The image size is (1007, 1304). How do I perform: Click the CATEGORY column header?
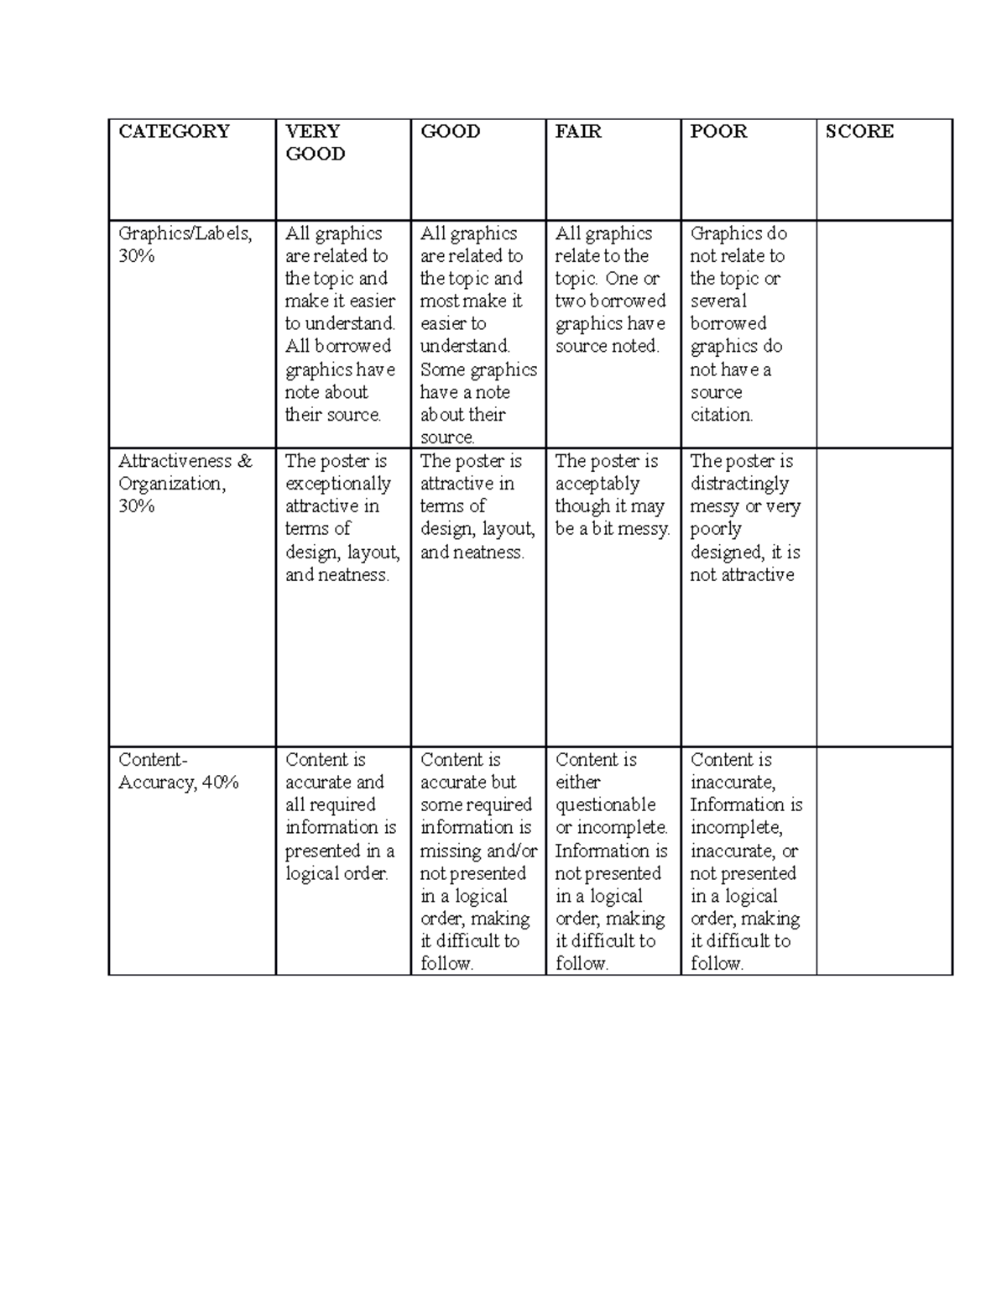[x=174, y=132]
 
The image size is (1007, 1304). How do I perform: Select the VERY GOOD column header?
[x=315, y=143]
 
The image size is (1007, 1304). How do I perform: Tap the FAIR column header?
[x=578, y=132]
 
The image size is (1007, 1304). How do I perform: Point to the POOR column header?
[x=718, y=132]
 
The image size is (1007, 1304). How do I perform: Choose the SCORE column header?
[x=859, y=132]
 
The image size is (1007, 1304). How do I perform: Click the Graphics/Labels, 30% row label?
[x=185, y=244]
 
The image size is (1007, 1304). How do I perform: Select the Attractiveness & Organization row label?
[x=185, y=484]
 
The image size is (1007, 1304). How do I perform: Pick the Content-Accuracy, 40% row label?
[x=178, y=771]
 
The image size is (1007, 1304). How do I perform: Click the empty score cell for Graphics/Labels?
[x=884, y=334]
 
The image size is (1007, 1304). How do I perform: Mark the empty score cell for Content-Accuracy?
[x=884, y=861]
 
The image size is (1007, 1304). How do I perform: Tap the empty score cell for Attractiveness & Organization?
[x=884, y=597]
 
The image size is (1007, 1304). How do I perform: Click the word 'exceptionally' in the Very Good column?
[x=338, y=484]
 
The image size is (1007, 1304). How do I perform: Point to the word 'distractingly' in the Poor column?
[x=739, y=484]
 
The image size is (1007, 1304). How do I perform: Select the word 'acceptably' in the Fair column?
[x=597, y=484]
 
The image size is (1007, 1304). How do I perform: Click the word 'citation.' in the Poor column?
[x=722, y=415]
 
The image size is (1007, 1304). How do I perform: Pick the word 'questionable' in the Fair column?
[x=605, y=805]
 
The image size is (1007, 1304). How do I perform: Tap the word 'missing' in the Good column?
[x=450, y=851]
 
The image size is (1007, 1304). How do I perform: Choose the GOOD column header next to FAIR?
[x=451, y=132]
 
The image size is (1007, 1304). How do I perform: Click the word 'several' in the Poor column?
[x=718, y=301]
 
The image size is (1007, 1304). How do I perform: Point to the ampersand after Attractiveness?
[x=244, y=461]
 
